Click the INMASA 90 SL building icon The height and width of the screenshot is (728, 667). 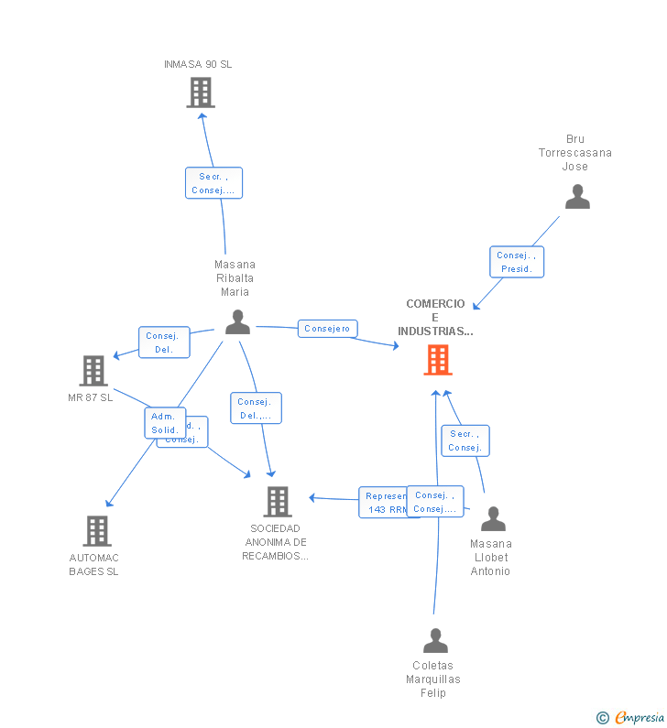tap(201, 92)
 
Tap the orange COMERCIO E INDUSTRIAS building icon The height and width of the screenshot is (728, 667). tap(438, 360)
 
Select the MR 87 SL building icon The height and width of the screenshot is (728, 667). tap(93, 371)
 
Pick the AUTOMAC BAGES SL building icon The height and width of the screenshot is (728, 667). tap(97, 531)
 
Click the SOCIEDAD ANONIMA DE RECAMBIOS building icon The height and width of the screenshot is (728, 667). tap(278, 502)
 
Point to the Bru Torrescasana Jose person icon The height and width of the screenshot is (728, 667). tap(577, 197)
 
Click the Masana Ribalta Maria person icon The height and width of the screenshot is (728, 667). tap(237, 322)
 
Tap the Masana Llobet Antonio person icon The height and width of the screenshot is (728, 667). tap(493, 519)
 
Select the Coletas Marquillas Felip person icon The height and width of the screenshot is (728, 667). tap(436, 640)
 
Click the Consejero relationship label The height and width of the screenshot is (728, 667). tap(327, 328)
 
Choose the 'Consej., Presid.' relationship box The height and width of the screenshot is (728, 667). tap(517, 262)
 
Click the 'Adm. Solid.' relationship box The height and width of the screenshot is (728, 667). tap(165, 423)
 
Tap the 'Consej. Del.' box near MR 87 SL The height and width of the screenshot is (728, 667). tap(164, 342)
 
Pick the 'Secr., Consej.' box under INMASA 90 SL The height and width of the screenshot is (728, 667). tap(213, 183)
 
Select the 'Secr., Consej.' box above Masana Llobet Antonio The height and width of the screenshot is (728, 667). tap(465, 440)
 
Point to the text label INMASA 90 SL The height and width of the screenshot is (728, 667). tap(198, 64)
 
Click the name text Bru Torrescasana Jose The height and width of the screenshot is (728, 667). tap(575, 153)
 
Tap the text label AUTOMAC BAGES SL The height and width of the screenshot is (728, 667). tap(94, 565)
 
